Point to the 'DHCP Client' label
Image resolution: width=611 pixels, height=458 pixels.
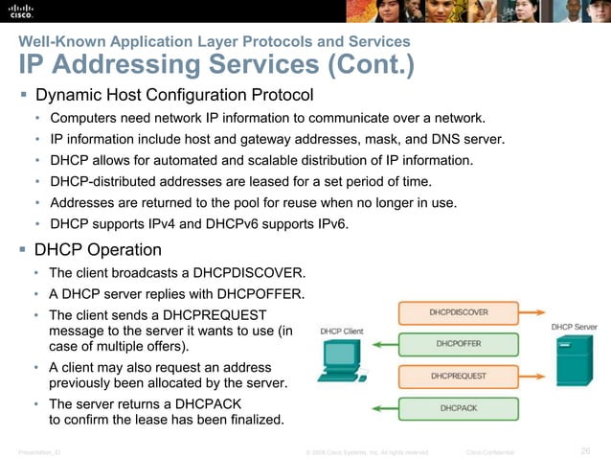click(x=341, y=332)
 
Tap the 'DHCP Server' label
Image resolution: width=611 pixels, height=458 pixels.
click(x=574, y=327)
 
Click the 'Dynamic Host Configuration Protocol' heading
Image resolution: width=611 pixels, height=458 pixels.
click(x=174, y=96)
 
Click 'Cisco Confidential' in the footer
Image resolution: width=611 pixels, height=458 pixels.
click(x=489, y=451)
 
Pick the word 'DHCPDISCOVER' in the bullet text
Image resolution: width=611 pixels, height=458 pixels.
click(x=256, y=272)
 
